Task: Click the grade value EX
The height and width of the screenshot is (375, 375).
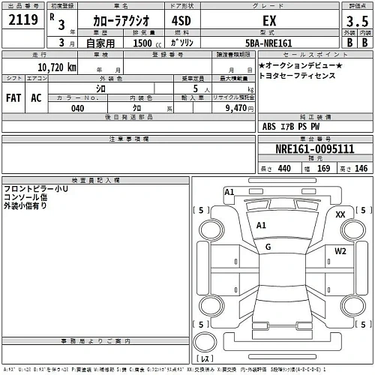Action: tap(267, 20)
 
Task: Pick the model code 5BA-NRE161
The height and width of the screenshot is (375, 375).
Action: tap(266, 43)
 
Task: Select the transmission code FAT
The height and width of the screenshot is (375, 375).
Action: tap(13, 97)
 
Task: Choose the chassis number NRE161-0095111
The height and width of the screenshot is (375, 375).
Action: tap(314, 148)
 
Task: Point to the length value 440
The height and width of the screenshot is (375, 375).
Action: tap(283, 169)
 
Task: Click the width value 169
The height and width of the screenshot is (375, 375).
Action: tap(323, 169)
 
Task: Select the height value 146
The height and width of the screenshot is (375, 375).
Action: tap(361, 169)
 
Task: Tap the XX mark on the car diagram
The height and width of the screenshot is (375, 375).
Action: tap(340, 214)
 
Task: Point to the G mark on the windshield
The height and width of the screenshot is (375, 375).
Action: tap(268, 246)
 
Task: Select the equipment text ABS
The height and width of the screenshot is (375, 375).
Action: tap(269, 127)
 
